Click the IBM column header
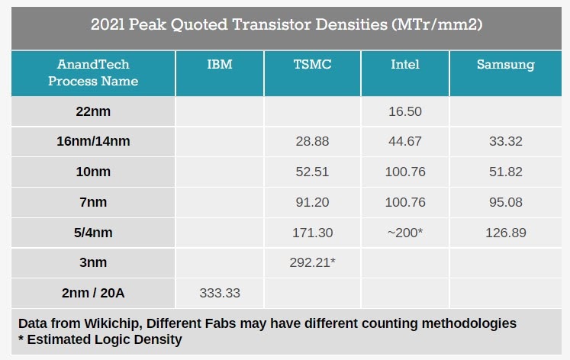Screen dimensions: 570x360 point(220,64)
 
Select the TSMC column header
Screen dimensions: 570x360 point(312,64)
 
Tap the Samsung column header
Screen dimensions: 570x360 point(506,65)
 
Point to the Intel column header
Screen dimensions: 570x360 point(405,64)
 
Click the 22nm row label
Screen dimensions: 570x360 point(93,111)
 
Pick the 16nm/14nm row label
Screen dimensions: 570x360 point(93,141)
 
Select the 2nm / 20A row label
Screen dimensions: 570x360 point(93,293)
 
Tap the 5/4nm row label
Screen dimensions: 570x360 point(93,233)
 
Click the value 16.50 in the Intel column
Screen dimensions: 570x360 point(405,111)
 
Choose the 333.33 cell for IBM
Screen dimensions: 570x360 point(220,293)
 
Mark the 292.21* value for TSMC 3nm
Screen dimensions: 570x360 point(312,262)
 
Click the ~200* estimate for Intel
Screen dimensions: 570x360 point(405,233)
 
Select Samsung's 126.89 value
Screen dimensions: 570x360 point(506,233)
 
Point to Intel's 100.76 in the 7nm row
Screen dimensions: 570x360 point(405,202)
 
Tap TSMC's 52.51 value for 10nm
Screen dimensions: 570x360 point(312,172)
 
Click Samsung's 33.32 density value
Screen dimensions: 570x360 point(506,141)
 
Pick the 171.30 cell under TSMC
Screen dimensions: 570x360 point(312,233)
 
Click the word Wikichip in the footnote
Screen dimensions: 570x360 point(111,323)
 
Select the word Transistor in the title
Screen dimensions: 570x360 point(271,24)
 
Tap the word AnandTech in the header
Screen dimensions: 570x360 point(93,64)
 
